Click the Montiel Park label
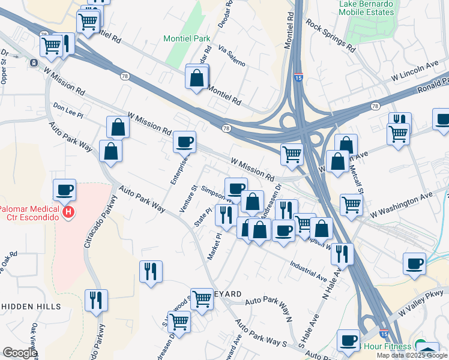(187, 39)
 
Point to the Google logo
(20, 353)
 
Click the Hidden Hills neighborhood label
(31, 306)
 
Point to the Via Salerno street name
(232, 55)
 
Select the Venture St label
(188, 199)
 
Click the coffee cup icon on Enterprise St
(184, 142)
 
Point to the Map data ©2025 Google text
(412, 356)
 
